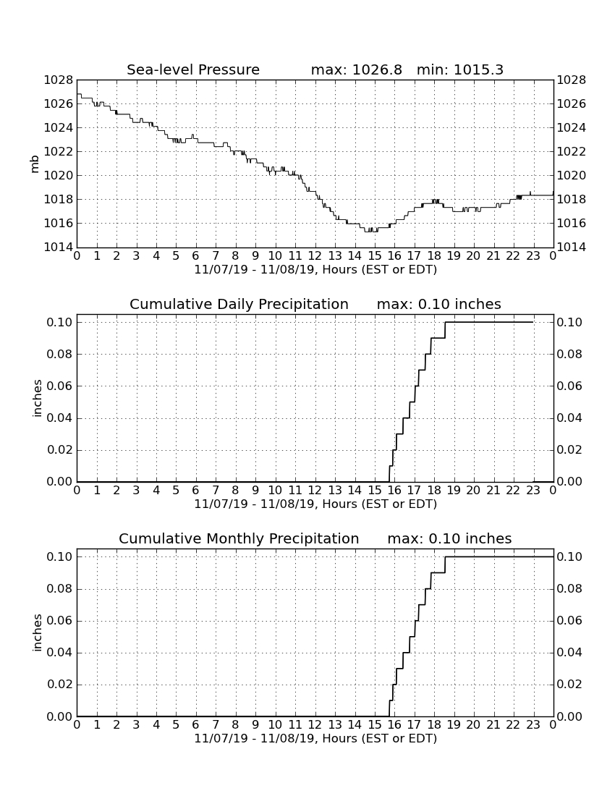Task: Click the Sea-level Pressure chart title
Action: [x=193, y=69]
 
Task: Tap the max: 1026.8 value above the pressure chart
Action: [x=356, y=69]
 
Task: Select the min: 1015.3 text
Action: [x=459, y=69]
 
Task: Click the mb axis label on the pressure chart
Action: [x=35, y=164]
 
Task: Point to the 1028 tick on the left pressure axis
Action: [x=59, y=80]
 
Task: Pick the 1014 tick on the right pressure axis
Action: [x=572, y=247]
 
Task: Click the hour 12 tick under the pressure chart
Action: [x=315, y=256]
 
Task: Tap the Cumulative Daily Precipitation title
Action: [x=239, y=304]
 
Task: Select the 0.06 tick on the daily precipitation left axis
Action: [x=60, y=386]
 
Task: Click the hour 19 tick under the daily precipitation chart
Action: [x=454, y=491]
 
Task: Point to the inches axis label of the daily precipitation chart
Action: [x=37, y=399]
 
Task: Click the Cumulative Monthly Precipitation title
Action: [x=239, y=538]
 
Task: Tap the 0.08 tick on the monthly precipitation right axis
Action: [x=570, y=589]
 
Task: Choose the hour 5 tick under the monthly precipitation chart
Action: [x=176, y=725]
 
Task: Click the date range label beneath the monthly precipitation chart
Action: [x=315, y=738]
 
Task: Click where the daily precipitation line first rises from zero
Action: [x=389, y=481]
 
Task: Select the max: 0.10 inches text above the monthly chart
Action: [x=449, y=538]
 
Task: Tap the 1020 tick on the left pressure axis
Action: [x=59, y=176]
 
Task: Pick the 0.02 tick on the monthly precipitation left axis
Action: [x=60, y=685]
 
